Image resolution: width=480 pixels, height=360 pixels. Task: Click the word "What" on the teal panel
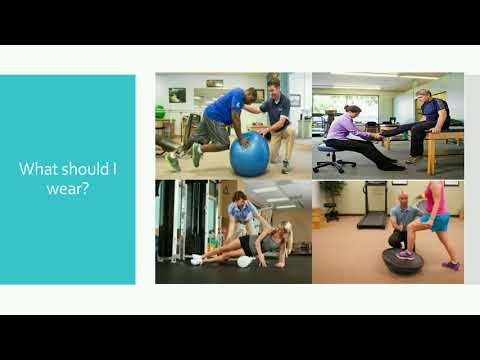tap(35, 169)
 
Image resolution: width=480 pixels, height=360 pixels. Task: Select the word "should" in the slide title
tap(85, 169)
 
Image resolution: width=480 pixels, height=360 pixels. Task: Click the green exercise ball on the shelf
tap(160, 111)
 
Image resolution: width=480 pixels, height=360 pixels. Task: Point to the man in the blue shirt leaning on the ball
tap(218, 115)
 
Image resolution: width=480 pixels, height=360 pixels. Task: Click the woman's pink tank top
tap(437, 200)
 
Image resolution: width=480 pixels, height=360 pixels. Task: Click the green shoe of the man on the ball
tap(172, 159)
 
